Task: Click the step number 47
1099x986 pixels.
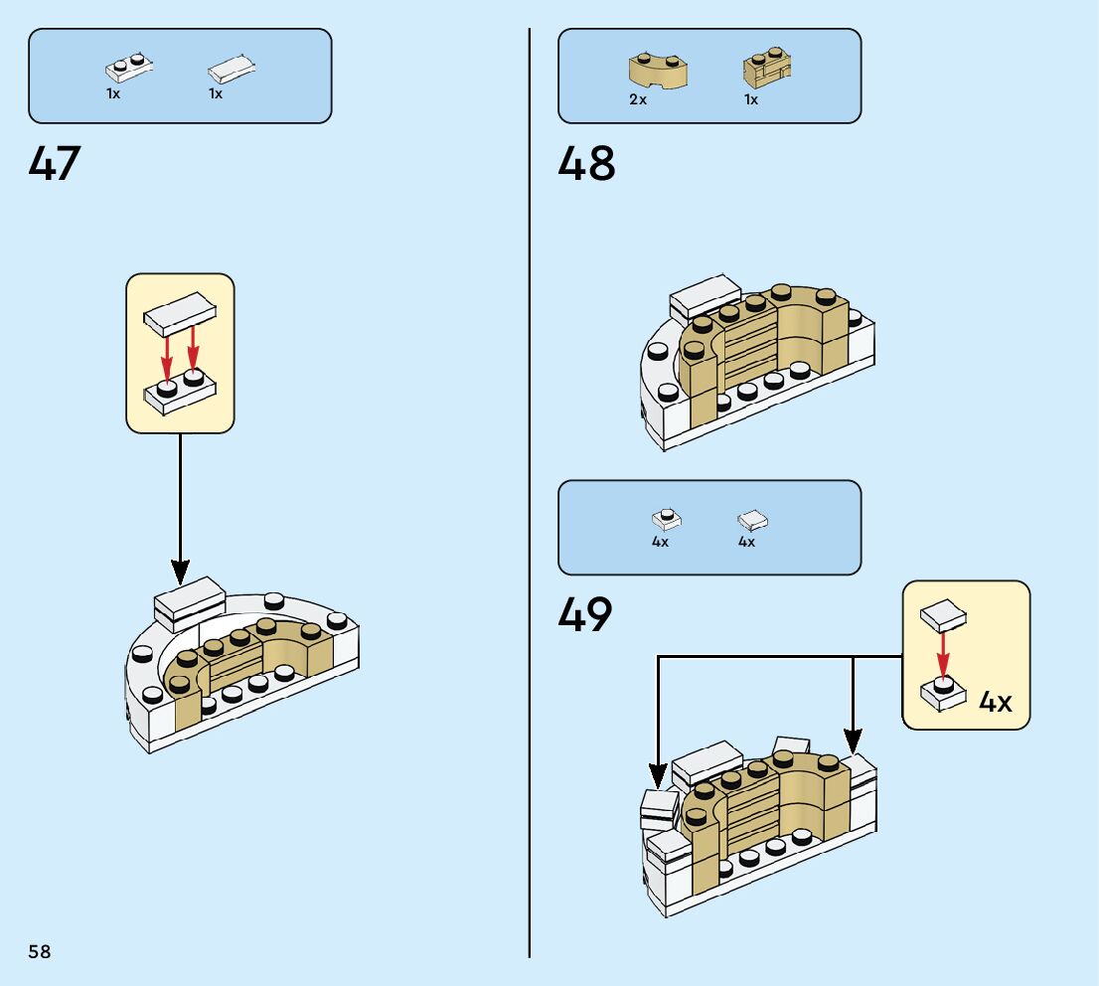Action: point(55,163)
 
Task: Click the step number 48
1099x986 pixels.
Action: point(586,163)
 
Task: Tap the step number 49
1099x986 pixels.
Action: point(585,614)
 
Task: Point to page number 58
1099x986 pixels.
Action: point(40,951)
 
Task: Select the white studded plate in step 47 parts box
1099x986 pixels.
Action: point(129,68)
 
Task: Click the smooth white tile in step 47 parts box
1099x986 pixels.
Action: point(232,69)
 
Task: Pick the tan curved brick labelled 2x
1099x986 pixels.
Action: point(658,71)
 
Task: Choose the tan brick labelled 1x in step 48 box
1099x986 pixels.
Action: point(767,68)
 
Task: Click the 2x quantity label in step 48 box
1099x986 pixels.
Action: point(638,99)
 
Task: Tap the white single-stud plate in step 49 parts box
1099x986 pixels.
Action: point(667,518)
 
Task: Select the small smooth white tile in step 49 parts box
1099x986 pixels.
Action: point(753,520)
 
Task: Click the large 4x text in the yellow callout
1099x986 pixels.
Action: point(996,702)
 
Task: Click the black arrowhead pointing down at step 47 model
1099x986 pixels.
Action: point(180,572)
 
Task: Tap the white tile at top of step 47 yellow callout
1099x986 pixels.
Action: point(180,313)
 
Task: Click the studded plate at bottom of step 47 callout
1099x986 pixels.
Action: point(180,393)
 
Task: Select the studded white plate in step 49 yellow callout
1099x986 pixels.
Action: point(943,694)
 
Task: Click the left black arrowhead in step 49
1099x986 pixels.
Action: point(658,776)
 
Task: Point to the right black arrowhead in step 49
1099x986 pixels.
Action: point(853,741)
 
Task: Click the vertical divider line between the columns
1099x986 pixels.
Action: point(530,493)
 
